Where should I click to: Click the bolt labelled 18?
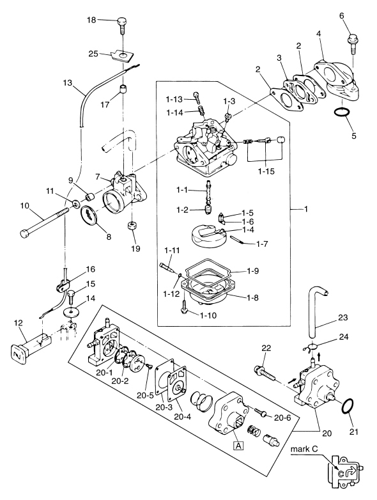[x=123, y=25]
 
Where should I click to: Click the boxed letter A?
[x=238, y=445]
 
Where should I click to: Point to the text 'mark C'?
[x=304, y=449]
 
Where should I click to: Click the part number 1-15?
[x=266, y=171]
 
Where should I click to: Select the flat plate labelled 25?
[x=123, y=56]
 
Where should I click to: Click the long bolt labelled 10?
[x=44, y=223]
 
